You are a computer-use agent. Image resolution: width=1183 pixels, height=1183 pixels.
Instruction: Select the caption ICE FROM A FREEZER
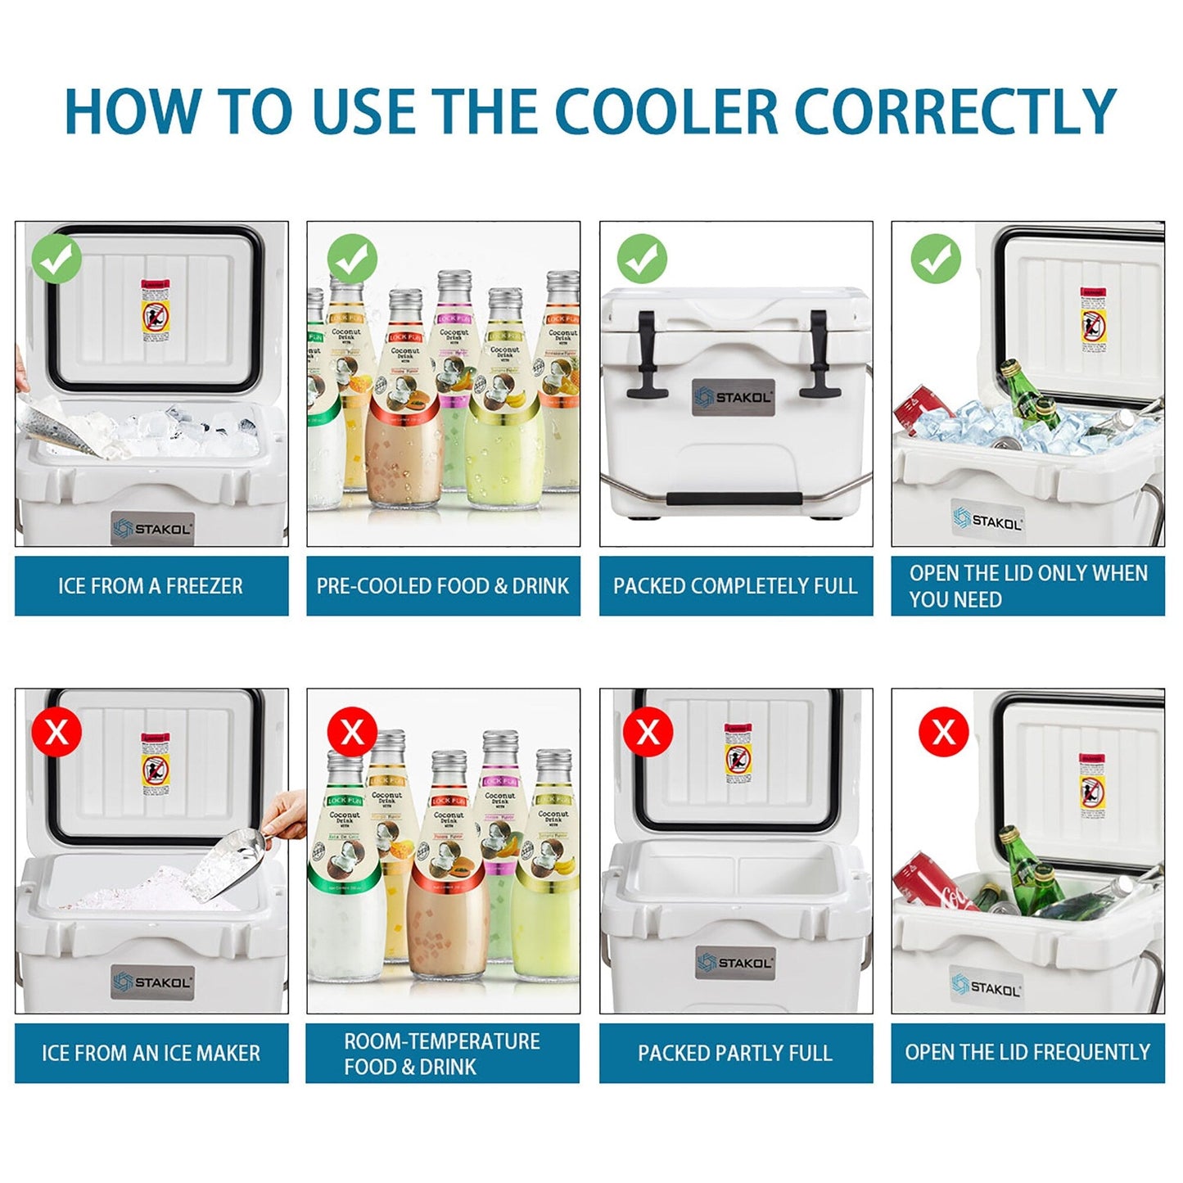[x=151, y=586]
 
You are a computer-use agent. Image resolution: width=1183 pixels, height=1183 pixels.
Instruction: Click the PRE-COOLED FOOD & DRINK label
[x=443, y=586]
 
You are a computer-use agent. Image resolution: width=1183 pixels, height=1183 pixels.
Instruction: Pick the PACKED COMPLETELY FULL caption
[x=735, y=586]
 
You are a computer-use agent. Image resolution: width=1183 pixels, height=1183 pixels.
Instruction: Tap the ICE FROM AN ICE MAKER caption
[x=151, y=1053]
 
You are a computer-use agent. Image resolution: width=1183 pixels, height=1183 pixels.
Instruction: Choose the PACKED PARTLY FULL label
[x=735, y=1053]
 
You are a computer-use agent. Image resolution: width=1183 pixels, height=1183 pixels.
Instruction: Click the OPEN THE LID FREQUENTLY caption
[x=1027, y=1052]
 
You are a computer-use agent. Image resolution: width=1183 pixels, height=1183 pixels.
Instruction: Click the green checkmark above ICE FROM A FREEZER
[x=56, y=259]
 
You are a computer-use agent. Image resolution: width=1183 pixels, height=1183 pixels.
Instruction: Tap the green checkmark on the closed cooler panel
[x=642, y=259]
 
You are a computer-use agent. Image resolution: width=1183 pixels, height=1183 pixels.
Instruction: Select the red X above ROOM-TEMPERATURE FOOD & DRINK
[x=352, y=731]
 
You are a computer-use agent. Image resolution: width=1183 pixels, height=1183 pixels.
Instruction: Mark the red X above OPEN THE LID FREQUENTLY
[x=943, y=731]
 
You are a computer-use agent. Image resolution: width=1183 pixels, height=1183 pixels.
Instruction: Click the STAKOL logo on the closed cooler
[x=734, y=398]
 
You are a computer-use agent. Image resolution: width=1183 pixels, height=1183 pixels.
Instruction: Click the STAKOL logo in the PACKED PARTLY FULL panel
[x=735, y=964]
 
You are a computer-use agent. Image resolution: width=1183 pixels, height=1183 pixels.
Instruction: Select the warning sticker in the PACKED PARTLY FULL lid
[x=738, y=754]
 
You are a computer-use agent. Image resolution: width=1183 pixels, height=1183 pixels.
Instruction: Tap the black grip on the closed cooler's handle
[x=734, y=499]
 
